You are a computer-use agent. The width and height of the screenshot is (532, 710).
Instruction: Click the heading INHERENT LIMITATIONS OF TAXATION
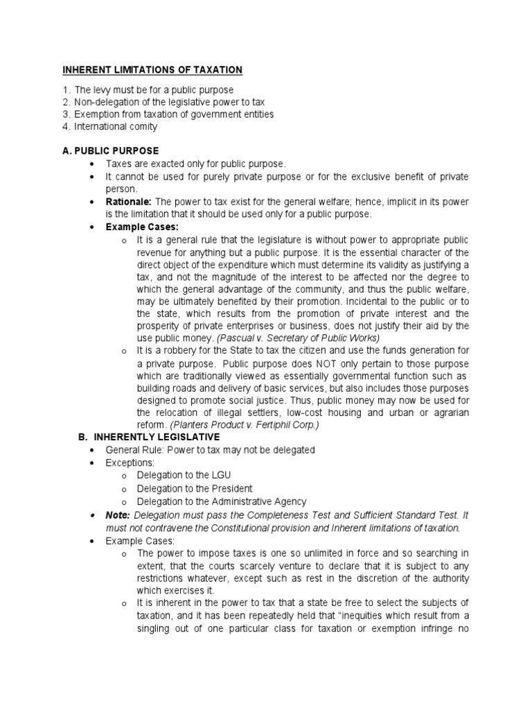(x=152, y=69)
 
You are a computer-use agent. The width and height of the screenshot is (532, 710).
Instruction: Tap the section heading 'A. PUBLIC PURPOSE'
(x=111, y=150)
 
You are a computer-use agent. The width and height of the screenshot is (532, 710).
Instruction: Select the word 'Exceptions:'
(x=130, y=462)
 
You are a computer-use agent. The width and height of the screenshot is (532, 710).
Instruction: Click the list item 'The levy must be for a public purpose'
(x=154, y=90)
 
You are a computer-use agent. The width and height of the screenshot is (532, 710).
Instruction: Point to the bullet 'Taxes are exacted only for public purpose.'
(x=195, y=164)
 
